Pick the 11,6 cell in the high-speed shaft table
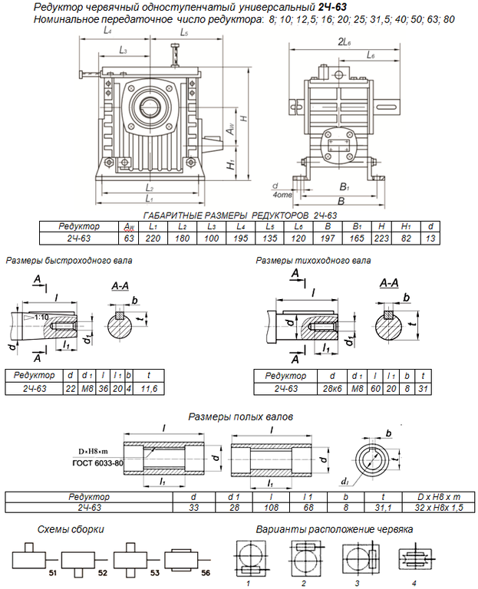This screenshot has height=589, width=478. (150, 389)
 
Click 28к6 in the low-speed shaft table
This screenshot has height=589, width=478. (331, 389)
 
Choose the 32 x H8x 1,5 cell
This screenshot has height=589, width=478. (440, 507)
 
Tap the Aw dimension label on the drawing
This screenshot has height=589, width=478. (230, 130)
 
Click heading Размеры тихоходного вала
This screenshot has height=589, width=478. (314, 261)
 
